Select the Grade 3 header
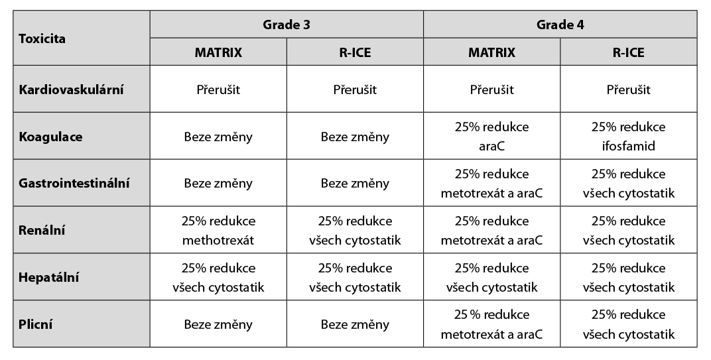tap(286, 25)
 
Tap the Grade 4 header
tap(560, 25)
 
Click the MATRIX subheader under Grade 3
tap(218, 53)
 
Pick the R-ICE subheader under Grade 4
tap(628, 53)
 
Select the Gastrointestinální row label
tap(74, 183)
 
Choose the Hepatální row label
tap(48, 277)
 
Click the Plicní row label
tap(36, 324)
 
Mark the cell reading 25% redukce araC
tap(491, 137)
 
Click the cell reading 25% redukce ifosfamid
tap(628, 137)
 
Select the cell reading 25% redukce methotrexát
tap(218, 230)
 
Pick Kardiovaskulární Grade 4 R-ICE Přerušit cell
tap(628, 90)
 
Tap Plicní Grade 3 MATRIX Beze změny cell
tap(218, 324)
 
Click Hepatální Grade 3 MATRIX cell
tap(218, 277)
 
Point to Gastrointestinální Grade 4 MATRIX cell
tap(491, 183)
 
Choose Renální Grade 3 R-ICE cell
tap(355, 230)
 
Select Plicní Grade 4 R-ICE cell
tap(628, 324)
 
